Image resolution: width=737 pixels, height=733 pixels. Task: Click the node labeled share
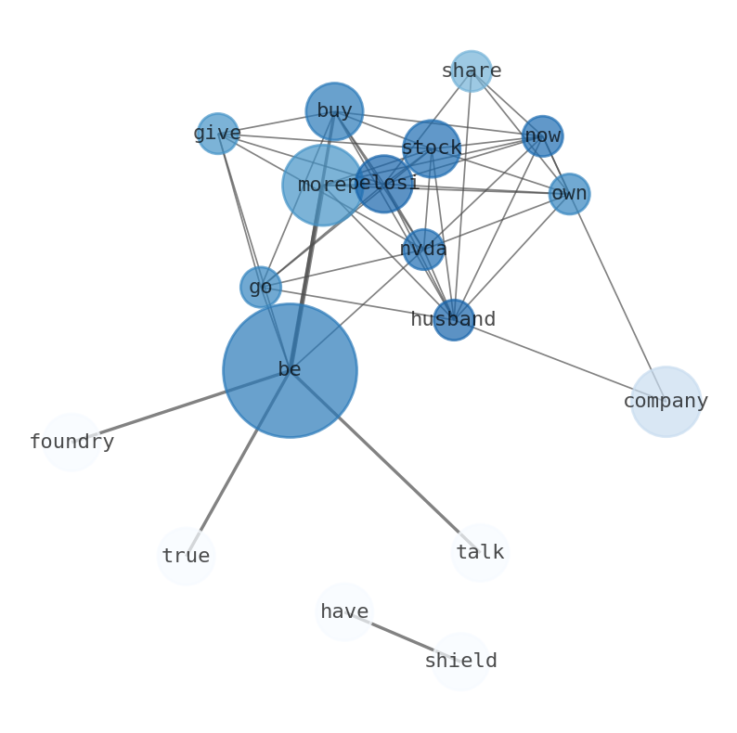tap(471, 71)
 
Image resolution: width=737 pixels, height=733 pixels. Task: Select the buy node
tap(334, 111)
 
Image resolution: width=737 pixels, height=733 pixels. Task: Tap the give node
tap(217, 134)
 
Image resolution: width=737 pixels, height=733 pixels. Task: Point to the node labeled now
tap(542, 136)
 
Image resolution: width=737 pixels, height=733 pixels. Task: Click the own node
tap(569, 194)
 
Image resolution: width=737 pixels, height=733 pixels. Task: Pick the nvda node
tap(423, 250)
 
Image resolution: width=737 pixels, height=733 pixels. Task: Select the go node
tap(261, 288)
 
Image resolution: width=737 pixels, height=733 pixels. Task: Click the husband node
tap(454, 320)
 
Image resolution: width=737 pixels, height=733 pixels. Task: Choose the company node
tap(666, 402)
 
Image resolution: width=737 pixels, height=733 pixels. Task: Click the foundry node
tap(71, 443)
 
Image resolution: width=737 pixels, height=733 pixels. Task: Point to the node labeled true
tap(186, 557)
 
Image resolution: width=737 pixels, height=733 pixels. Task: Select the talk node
tap(480, 553)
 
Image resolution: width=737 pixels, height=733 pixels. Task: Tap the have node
tap(344, 612)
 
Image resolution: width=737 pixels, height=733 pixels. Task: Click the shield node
tap(460, 662)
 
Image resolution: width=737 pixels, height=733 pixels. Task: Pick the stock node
tap(432, 148)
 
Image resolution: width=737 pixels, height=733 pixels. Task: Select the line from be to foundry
tap(181, 406)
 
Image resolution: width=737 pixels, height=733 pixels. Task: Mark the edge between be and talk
tap(384, 461)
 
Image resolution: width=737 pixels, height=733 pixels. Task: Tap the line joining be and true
tap(238, 464)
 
